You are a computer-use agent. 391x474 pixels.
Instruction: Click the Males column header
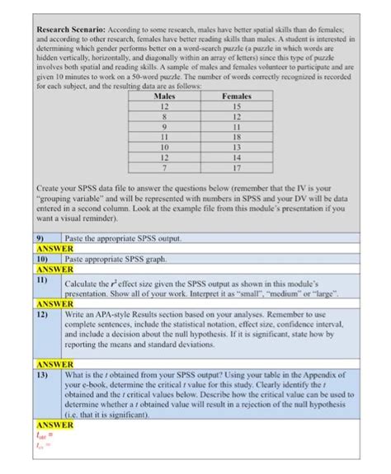click(164, 96)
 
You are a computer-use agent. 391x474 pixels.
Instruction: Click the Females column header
click(237, 96)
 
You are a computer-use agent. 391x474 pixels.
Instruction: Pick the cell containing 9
click(164, 128)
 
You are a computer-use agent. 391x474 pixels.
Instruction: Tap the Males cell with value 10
click(164, 148)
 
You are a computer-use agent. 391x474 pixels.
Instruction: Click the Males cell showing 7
click(164, 167)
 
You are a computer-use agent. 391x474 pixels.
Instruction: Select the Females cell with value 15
click(237, 107)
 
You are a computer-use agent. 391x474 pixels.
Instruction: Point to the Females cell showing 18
click(237, 138)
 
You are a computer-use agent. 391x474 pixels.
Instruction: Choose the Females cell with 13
click(237, 148)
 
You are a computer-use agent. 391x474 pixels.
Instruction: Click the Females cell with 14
click(237, 157)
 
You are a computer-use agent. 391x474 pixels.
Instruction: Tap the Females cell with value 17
click(237, 167)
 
